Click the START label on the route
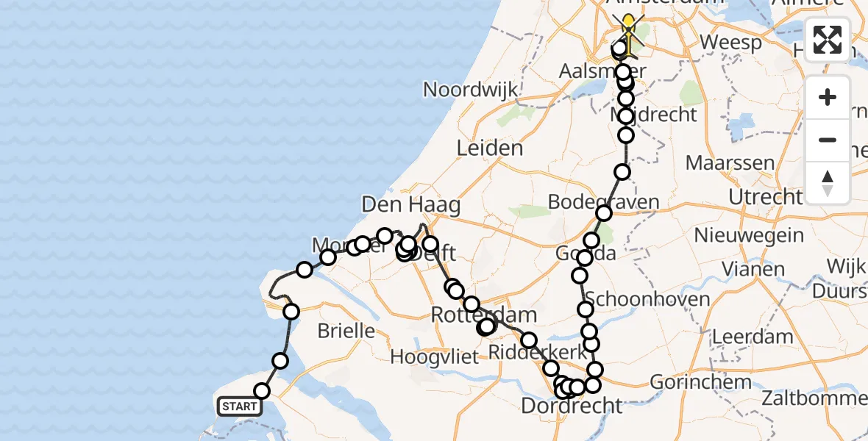point(240,406)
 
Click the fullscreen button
point(828,40)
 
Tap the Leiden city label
point(490,148)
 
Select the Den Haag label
point(411,204)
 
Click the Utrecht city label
point(765,197)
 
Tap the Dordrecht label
point(571,405)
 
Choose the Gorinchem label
point(700,381)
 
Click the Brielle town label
point(346,331)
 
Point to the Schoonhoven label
point(637,299)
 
